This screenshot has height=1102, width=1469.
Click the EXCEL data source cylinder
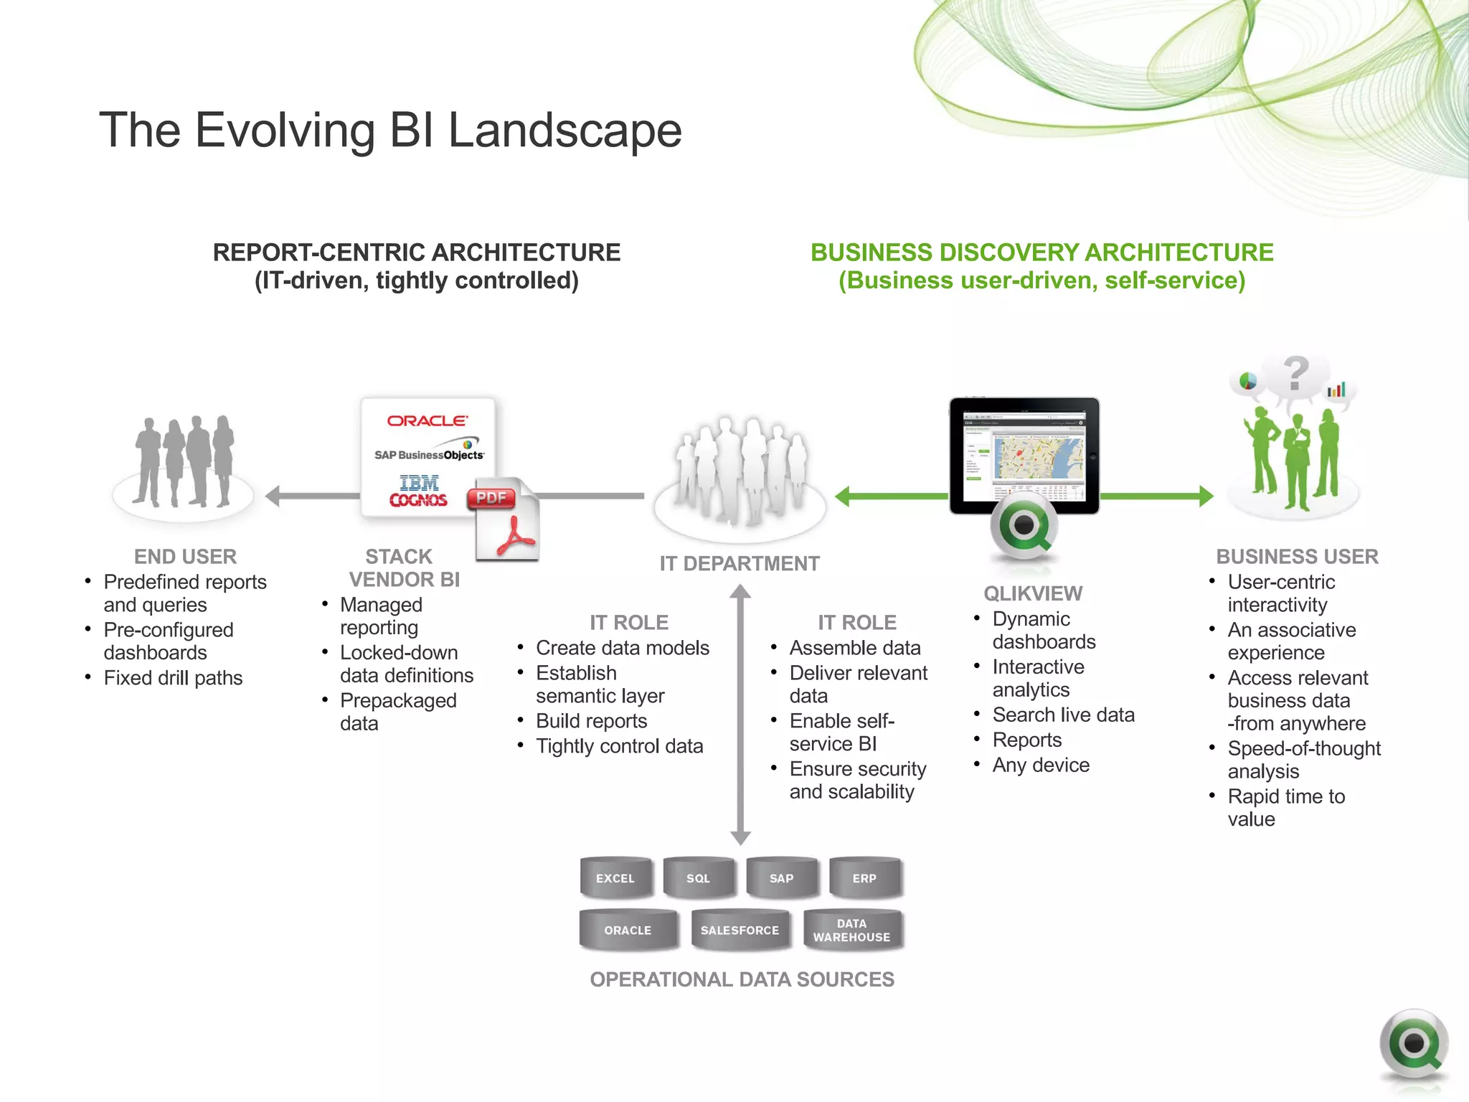pyautogui.click(x=615, y=878)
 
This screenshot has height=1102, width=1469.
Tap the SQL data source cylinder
pyautogui.click(x=698, y=878)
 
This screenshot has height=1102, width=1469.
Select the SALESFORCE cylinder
pyautogui.click(x=740, y=931)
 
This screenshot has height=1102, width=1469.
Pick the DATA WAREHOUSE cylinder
pyautogui.click(x=851, y=931)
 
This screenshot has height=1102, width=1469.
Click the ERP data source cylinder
pyautogui.click(x=864, y=878)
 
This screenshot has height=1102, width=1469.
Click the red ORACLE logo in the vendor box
pyautogui.click(x=428, y=421)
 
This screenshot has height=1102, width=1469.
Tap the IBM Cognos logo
pyautogui.click(x=418, y=491)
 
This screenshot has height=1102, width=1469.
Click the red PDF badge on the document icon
pyautogui.click(x=491, y=498)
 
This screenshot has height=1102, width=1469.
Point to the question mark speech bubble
pyautogui.click(x=1295, y=375)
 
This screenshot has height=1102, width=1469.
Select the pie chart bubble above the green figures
pyautogui.click(x=1248, y=380)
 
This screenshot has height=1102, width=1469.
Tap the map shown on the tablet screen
pyautogui.click(x=1038, y=458)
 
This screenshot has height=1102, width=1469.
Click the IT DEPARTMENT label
pyautogui.click(x=740, y=564)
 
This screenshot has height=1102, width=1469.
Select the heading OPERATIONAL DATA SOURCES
pyautogui.click(x=742, y=979)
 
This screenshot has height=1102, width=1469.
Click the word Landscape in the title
pyautogui.click(x=565, y=131)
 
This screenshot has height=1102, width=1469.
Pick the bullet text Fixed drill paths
pyautogui.click(x=173, y=678)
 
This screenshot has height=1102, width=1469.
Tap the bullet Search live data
pyautogui.click(x=1063, y=715)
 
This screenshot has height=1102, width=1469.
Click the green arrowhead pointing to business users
pyautogui.click(x=1206, y=496)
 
